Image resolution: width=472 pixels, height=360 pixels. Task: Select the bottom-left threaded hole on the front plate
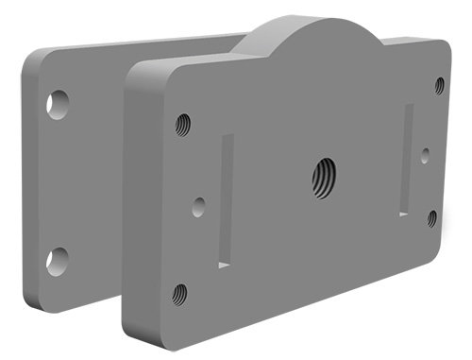click(179, 293)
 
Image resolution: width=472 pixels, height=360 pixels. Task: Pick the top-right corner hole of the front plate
click(439, 85)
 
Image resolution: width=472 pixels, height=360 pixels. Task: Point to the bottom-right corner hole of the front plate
click(431, 218)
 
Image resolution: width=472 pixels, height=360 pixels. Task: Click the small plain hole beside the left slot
click(198, 206)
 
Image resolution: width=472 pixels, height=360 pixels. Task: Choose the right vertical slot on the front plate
click(407, 159)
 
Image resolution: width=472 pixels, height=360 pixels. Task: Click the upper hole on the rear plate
click(59, 102)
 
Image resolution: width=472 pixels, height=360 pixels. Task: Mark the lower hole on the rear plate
click(58, 260)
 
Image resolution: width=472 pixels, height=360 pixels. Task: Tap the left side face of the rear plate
click(34, 180)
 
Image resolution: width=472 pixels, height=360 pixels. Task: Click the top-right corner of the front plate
click(446, 46)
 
